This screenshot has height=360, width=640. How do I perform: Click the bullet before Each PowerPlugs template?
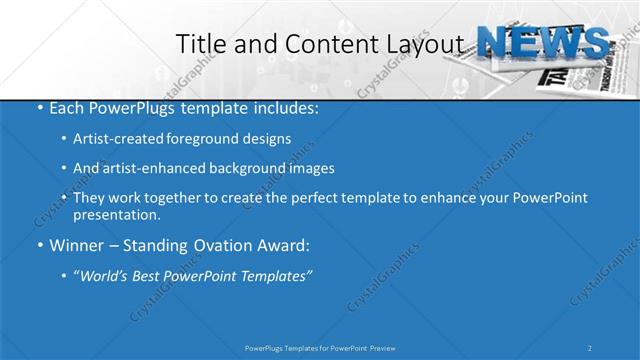coord(40,107)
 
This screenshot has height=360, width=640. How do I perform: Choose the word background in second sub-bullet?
coord(249,168)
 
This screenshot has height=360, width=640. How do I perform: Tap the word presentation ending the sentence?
coord(115,215)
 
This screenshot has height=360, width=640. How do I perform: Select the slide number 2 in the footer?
coord(590,347)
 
